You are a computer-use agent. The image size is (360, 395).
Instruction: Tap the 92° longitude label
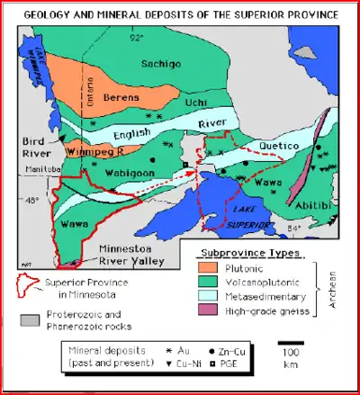click(136, 38)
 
